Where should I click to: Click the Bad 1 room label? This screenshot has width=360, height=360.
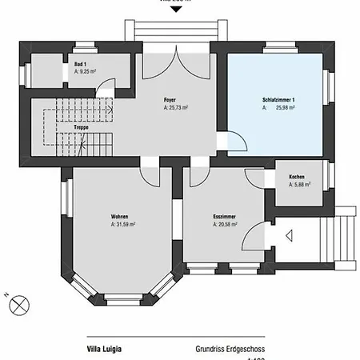pos(80,63)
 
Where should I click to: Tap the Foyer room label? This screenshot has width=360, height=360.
pos(170,100)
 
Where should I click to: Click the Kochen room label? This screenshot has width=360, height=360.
pos(296,177)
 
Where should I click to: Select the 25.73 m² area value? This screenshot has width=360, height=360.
pos(178,107)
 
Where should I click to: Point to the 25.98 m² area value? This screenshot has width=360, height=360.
pos(286,107)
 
